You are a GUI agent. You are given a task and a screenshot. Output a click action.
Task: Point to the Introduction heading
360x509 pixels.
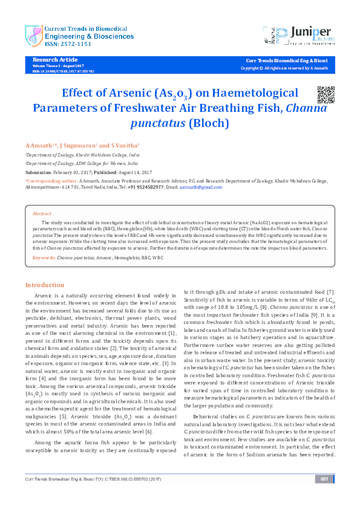pos(44,285)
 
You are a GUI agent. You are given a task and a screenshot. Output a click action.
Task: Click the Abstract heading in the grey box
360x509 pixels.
pos(42,214)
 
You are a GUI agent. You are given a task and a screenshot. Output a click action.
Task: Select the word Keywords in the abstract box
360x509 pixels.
pos(45,258)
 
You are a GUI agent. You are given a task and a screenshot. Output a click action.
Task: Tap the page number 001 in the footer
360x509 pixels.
pos(324,496)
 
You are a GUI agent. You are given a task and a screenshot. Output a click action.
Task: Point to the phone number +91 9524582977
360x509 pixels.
pos(145,187)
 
